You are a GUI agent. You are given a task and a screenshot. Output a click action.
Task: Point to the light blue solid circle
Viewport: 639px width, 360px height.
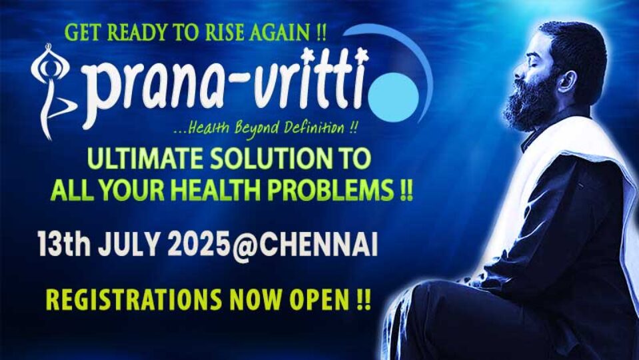pyautogui.click(x=393, y=97)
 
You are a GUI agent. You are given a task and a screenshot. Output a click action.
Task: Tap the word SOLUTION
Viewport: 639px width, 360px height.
pyautogui.click(x=275, y=159)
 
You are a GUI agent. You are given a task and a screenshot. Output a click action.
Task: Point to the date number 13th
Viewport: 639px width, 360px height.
pyautogui.click(x=64, y=244)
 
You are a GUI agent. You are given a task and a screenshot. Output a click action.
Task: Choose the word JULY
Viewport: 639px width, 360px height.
pyautogui.click(x=128, y=245)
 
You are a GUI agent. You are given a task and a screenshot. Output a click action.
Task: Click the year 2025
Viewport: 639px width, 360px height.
pyautogui.click(x=198, y=245)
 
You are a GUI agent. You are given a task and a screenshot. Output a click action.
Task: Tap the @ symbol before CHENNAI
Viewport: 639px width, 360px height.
pyautogui.click(x=244, y=246)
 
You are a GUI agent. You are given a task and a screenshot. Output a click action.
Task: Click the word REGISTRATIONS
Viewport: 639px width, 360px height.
pyautogui.click(x=133, y=299)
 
